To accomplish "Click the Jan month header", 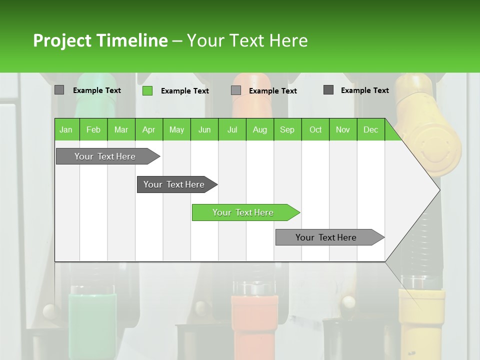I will click(66, 129).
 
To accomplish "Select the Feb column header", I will click(93, 129).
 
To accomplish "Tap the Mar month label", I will click(121, 129).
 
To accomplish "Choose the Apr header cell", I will click(148, 129).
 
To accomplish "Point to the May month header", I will click(176, 129).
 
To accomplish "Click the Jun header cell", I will click(204, 129).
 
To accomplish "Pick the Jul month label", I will click(232, 129).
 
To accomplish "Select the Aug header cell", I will click(260, 129).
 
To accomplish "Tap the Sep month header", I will click(287, 129).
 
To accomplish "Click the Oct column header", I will click(315, 129).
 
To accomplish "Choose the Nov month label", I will click(343, 129).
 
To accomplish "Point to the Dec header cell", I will click(370, 129).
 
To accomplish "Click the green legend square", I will click(147, 90).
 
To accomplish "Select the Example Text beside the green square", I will click(185, 91).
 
